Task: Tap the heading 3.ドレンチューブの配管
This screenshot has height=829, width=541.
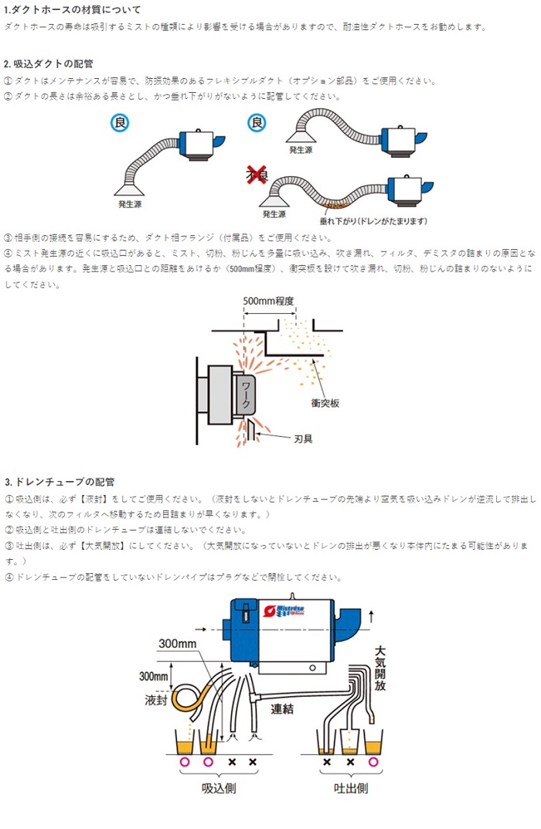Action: [60, 482]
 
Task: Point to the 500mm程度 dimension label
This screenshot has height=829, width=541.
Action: [269, 301]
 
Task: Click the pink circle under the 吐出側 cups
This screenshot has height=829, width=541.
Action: [375, 762]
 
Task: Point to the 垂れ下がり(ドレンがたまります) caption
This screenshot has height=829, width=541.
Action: [373, 222]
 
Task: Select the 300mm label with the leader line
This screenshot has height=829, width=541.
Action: [178, 643]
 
